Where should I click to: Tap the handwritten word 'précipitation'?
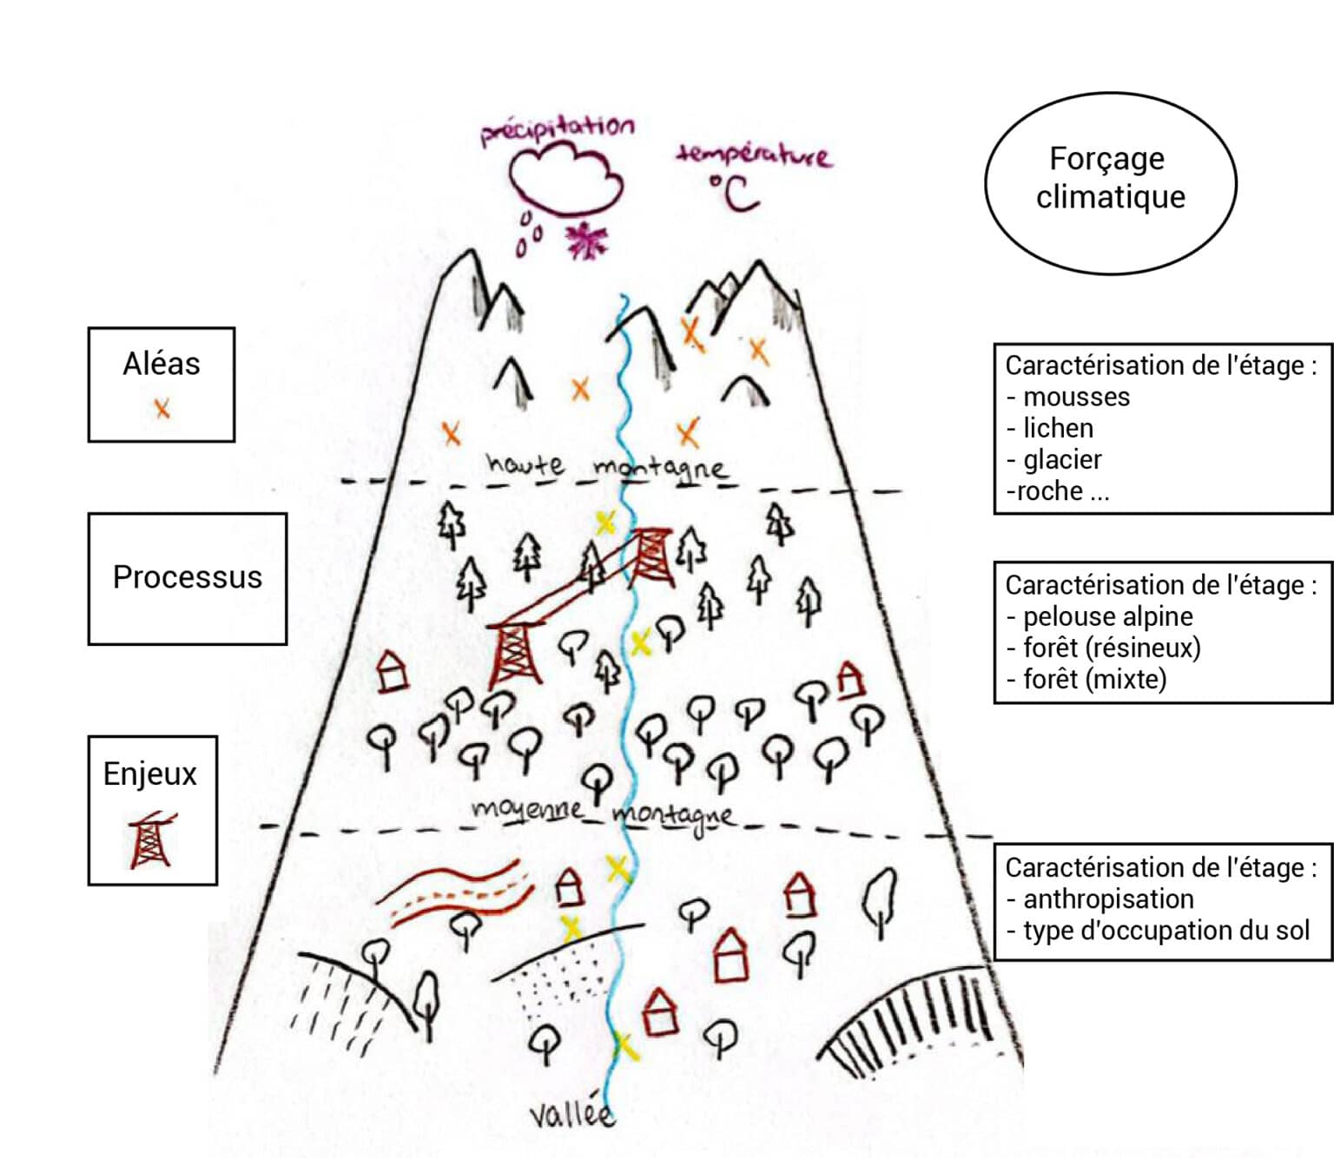[558, 130]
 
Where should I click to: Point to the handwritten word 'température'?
[752, 155]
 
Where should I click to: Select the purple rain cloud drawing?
[566, 180]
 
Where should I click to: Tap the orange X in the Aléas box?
[162, 408]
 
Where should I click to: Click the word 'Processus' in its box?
[187, 577]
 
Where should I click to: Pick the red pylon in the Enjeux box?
[151, 840]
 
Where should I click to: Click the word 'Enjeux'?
[149, 773]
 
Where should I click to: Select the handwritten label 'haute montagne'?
[606, 466]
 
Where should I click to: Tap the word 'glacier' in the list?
[1062, 459]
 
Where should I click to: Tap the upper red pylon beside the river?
[650, 556]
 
